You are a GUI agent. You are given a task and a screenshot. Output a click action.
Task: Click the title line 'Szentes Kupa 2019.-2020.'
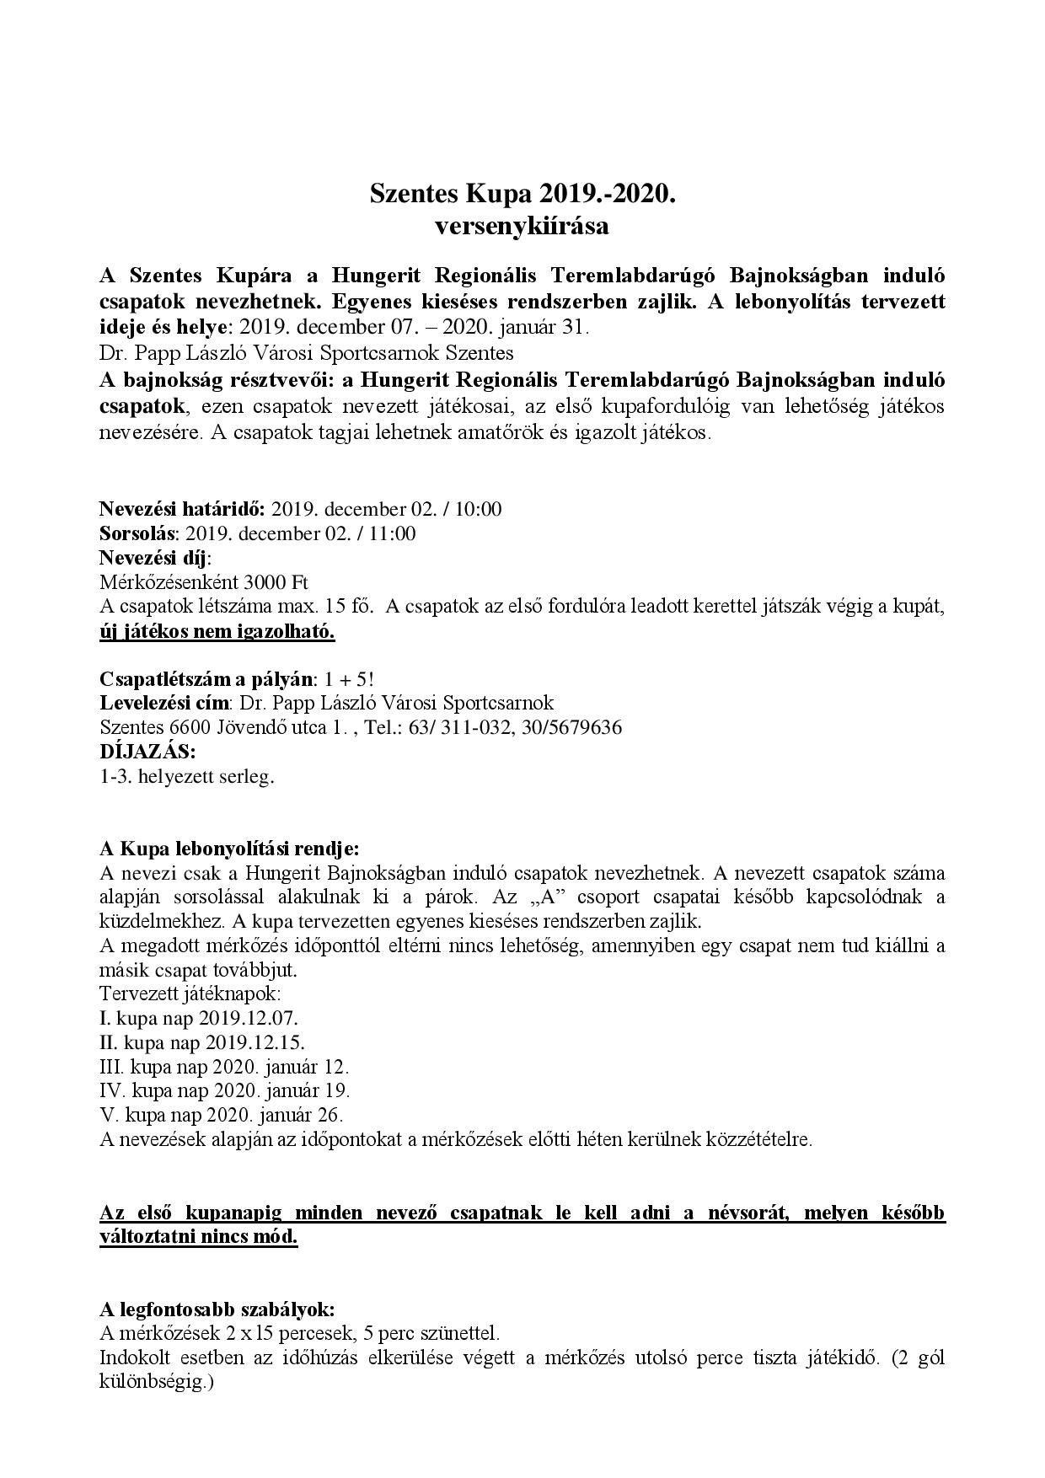click(522, 195)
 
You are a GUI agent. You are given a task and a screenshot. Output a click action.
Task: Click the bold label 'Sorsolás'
click(137, 533)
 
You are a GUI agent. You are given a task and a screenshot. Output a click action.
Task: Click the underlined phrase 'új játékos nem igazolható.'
click(217, 631)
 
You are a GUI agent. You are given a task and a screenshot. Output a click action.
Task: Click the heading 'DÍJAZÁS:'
click(147, 751)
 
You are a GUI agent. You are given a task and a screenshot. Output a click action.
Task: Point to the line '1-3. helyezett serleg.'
click(187, 776)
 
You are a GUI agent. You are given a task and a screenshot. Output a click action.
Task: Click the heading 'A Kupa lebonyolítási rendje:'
click(229, 848)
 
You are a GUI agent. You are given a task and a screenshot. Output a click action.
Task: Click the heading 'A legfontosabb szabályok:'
click(217, 1310)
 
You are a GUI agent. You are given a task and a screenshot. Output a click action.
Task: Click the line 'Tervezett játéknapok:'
click(190, 993)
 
